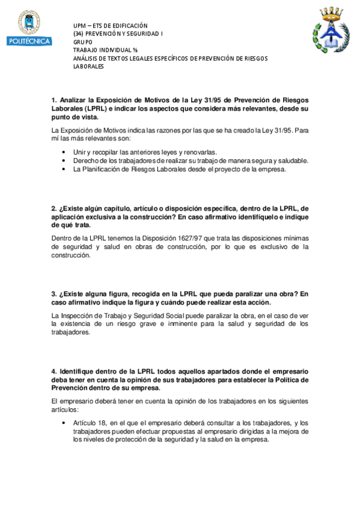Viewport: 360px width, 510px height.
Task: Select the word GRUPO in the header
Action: click(83, 42)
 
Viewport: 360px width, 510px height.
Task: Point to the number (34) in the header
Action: click(78, 34)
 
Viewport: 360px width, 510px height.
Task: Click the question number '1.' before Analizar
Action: click(54, 100)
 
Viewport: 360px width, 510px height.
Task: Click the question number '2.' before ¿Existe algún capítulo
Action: click(54, 208)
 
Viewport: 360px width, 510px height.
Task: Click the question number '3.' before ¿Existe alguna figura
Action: click(54, 294)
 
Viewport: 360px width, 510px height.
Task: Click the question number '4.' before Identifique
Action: click(54, 371)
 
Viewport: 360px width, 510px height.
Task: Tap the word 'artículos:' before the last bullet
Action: click(66, 410)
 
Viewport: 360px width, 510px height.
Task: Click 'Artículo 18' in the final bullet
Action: click(90, 423)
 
